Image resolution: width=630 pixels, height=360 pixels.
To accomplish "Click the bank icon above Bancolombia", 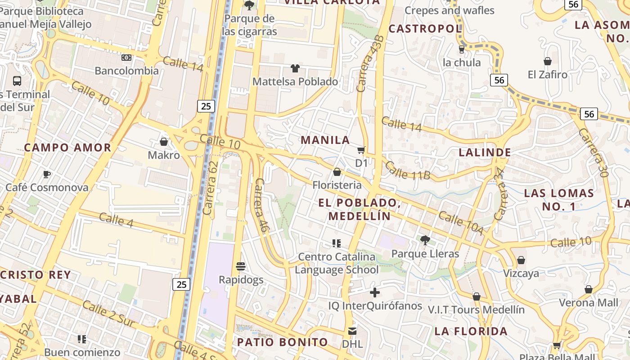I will point(126,58).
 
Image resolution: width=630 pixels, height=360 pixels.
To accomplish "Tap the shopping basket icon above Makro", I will point(164,142).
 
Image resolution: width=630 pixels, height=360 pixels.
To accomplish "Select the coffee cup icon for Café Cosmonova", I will point(46,174).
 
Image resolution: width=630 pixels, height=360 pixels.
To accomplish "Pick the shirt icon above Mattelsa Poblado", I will point(295,68).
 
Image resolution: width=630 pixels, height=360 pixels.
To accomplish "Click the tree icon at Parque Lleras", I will point(425,240).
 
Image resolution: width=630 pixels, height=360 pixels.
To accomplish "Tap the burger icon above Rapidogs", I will point(241,266).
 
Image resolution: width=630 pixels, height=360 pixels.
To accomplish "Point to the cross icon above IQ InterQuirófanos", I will point(374,293).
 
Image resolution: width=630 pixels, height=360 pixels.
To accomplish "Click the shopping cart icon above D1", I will point(361,150).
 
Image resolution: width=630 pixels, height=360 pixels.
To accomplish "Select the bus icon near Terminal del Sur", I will point(17,81).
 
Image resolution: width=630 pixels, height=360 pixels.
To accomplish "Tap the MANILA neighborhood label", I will point(325,140).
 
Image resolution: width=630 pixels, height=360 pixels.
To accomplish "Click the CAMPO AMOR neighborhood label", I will point(67,148).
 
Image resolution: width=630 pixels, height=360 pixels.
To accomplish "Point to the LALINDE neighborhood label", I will point(485,153).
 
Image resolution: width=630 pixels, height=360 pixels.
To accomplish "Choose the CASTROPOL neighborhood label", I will point(425,29).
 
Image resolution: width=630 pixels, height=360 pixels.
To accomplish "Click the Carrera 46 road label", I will point(262,205).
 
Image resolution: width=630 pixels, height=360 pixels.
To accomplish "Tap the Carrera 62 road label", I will point(210,188).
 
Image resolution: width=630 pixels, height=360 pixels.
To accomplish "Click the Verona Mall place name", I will point(589,302).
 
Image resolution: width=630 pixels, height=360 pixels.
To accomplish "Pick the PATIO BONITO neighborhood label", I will point(283,342).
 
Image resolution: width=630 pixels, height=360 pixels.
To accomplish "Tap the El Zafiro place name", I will point(548,74).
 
